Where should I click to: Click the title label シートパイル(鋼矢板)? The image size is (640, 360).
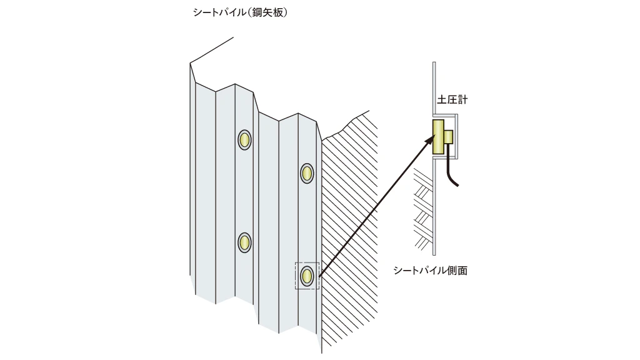(x=241, y=12)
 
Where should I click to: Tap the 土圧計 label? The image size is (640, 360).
(x=452, y=99)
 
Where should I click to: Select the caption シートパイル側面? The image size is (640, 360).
(x=430, y=271)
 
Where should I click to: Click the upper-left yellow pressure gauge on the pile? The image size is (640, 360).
(x=244, y=140)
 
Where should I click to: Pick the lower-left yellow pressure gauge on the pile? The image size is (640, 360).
(x=244, y=243)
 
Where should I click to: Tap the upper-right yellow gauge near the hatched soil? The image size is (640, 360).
(x=307, y=174)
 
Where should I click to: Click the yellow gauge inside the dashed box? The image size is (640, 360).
(x=307, y=276)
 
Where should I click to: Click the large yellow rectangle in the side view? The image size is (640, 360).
(x=438, y=137)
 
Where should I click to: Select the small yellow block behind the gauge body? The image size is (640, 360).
(x=449, y=137)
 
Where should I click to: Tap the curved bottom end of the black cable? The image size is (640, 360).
(x=457, y=185)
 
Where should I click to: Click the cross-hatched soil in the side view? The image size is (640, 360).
(x=423, y=208)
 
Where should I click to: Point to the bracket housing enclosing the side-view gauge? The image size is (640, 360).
(x=457, y=136)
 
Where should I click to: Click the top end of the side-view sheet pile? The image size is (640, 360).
(x=434, y=63)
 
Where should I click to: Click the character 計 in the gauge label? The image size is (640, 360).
(x=462, y=99)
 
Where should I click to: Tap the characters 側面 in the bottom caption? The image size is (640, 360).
(x=457, y=271)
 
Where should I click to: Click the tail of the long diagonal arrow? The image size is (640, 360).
(x=319, y=277)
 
